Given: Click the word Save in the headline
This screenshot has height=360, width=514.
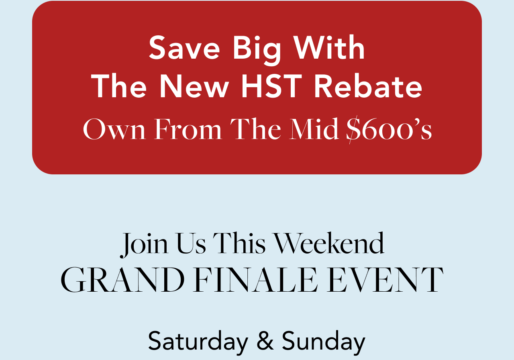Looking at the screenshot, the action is pos(184,47).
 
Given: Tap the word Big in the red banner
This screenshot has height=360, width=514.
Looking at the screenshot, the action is pos(257,51).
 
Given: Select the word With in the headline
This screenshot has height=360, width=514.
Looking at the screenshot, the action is pos(329,47).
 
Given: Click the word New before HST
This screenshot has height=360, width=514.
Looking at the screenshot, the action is pos(194,86).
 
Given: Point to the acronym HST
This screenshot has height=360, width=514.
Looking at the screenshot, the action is pos(271,86).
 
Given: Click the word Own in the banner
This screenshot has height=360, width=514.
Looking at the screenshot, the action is pos(114,129).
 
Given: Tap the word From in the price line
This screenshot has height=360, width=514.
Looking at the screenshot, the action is pos(188,129).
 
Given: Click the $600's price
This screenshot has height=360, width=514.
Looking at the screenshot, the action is pos(389,129).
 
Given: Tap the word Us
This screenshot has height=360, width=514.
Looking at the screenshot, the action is pos(191,243).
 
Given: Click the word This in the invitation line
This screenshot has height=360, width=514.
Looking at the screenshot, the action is pos(239,243).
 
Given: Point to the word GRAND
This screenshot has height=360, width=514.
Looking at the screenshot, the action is pos(122,280).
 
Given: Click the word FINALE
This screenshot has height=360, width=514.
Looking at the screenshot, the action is pos(255,280).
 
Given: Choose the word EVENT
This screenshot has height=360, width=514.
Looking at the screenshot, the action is pos(385,280).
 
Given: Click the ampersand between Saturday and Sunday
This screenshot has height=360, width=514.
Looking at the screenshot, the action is pos(265,341).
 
